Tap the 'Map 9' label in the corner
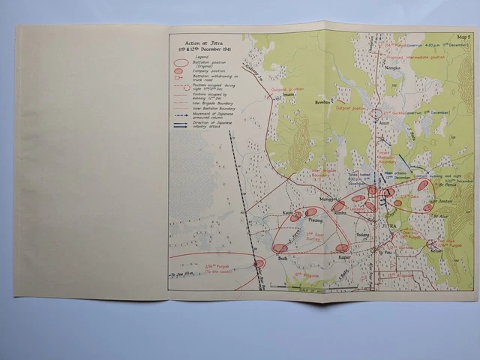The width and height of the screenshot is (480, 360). tap(462, 37)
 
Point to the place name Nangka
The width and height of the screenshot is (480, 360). tap(392, 68)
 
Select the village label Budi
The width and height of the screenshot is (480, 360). tap(283, 258)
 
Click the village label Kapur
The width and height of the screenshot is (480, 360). tap(345, 257)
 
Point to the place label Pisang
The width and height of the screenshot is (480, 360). tap(315, 220)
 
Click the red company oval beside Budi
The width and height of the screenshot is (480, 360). tap(279, 248)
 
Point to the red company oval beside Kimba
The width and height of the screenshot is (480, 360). tap(339, 205)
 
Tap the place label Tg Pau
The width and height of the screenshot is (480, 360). tap(386, 253)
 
